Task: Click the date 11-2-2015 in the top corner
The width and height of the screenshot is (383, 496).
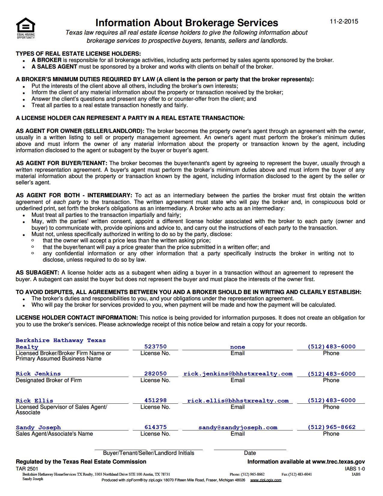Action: tap(344, 21)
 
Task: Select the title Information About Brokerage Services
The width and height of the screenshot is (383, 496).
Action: tap(187, 23)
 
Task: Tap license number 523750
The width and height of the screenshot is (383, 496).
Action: tap(155, 347)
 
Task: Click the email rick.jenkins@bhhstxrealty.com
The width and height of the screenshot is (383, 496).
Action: tap(238, 374)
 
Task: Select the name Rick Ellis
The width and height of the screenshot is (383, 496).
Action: tap(34, 401)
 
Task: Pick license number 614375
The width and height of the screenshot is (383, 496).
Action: tap(155, 427)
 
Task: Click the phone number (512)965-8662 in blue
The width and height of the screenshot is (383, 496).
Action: tap(331, 427)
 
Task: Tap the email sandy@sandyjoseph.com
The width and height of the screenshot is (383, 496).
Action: tap(238, 427)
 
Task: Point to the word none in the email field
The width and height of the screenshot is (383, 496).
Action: tap(238, 347)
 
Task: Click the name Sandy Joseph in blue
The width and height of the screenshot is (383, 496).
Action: tap(38, 427)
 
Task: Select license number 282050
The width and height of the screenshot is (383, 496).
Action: tap(155, 374)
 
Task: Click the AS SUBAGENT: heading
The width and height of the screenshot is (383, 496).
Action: tap(38, 273)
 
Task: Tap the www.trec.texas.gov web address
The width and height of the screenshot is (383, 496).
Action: tap(338, 462)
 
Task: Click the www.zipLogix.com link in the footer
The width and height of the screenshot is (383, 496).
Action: tap(266, 480)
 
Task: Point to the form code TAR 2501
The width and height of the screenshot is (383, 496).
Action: tap(27, 469)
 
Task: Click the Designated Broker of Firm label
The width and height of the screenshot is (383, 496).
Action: tap(49, 380)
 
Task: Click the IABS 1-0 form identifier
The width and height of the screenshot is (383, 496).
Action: tap(355, 469)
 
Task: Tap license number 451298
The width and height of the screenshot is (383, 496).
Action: tap(155, 400)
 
